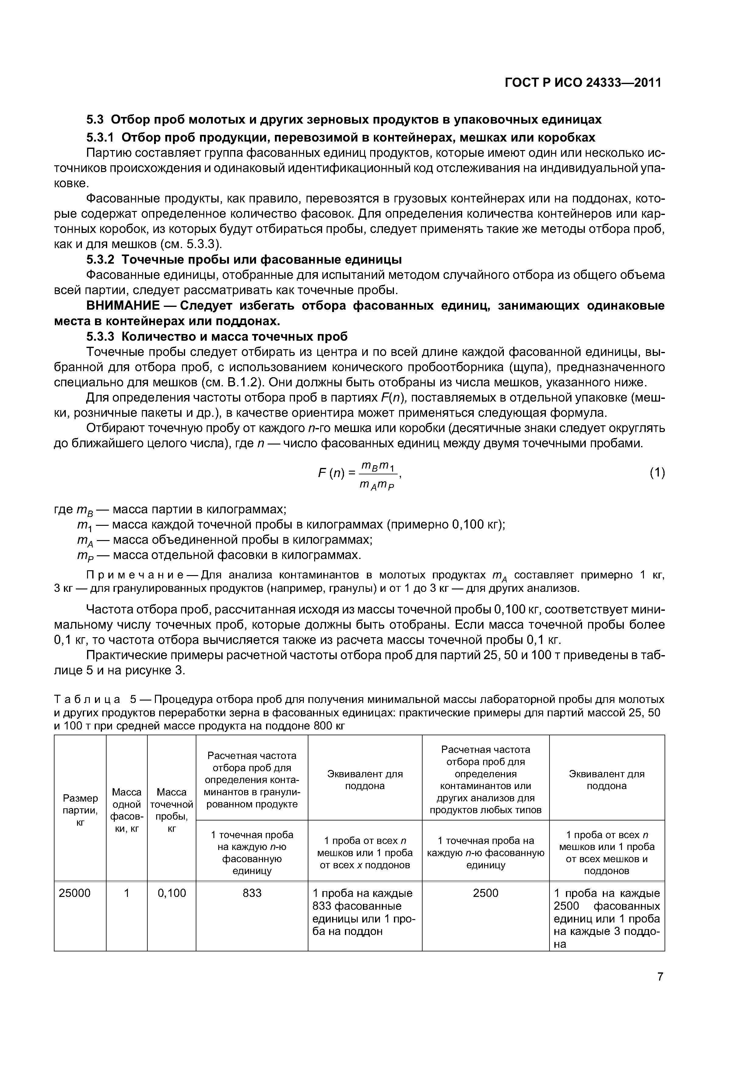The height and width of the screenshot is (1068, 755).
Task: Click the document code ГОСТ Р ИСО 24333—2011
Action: click(x=583, y=83)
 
